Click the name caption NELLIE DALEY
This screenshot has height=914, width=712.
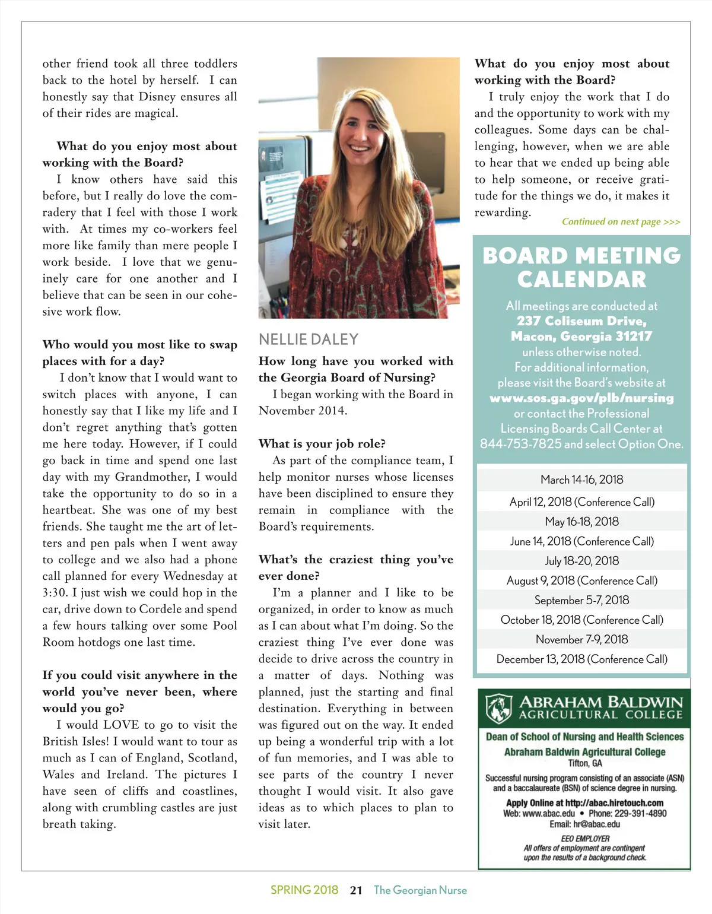[309, 339]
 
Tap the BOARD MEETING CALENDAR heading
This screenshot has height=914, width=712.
[581, 267]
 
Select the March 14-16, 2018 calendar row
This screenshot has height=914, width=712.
[581, 480]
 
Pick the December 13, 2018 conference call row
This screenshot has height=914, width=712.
[581, 659]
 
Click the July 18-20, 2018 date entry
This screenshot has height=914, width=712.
[581, 561]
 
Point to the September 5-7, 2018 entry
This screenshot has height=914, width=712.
[581, 600]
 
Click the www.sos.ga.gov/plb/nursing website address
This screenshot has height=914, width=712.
[581, 398]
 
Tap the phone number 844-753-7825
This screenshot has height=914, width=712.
[520, 444]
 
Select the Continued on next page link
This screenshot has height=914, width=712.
[621, 222]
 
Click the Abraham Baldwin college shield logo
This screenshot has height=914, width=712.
[499, 707]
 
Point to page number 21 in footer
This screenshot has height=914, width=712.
[356, 890]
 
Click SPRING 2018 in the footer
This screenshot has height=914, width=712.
[304, 890]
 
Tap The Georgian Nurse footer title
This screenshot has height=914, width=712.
[420, 890]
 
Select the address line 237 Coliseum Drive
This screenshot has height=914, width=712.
[581, 321]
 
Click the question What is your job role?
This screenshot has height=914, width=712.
[322, 444]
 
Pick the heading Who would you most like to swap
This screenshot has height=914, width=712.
[139, 345]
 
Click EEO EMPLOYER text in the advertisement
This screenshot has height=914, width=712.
[585, 839]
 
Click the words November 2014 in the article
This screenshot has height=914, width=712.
[302, 411]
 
